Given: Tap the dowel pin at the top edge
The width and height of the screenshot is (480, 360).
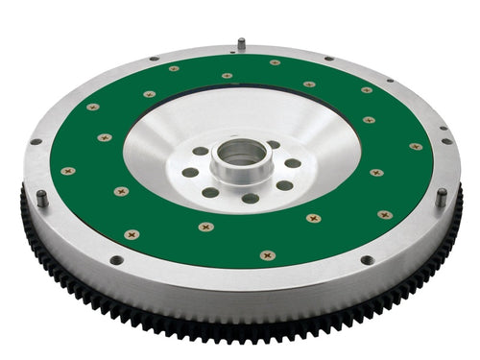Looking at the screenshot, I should [241, 43].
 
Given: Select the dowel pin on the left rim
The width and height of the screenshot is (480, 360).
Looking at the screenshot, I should [43, 199].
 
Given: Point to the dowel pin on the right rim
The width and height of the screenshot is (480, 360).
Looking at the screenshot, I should [441, 197].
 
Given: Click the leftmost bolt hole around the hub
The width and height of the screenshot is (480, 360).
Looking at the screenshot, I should [190, 173].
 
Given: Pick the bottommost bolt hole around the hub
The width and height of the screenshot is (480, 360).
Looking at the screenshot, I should [250, 199].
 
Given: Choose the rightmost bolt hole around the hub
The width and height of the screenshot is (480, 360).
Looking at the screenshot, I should [293, 163].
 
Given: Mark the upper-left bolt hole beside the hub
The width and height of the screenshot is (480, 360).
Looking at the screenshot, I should [200, 151].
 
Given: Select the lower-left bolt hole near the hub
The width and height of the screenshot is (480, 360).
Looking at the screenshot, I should [210, 192].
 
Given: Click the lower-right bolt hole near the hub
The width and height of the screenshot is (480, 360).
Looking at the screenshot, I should [284, 185].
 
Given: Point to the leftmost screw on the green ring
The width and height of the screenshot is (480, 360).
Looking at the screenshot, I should [68, 171].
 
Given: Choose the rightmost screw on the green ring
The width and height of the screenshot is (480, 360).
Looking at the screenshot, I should [415, 147].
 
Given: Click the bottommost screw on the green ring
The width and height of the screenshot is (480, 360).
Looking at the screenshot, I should [267, 255].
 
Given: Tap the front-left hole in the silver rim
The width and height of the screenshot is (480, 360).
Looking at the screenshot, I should [115, 260].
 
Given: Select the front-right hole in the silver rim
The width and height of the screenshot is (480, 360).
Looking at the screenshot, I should [366, 259].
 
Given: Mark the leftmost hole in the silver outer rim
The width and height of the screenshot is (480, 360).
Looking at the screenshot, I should [36, 141].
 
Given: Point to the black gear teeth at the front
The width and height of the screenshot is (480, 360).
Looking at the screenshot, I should [240, 331].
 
